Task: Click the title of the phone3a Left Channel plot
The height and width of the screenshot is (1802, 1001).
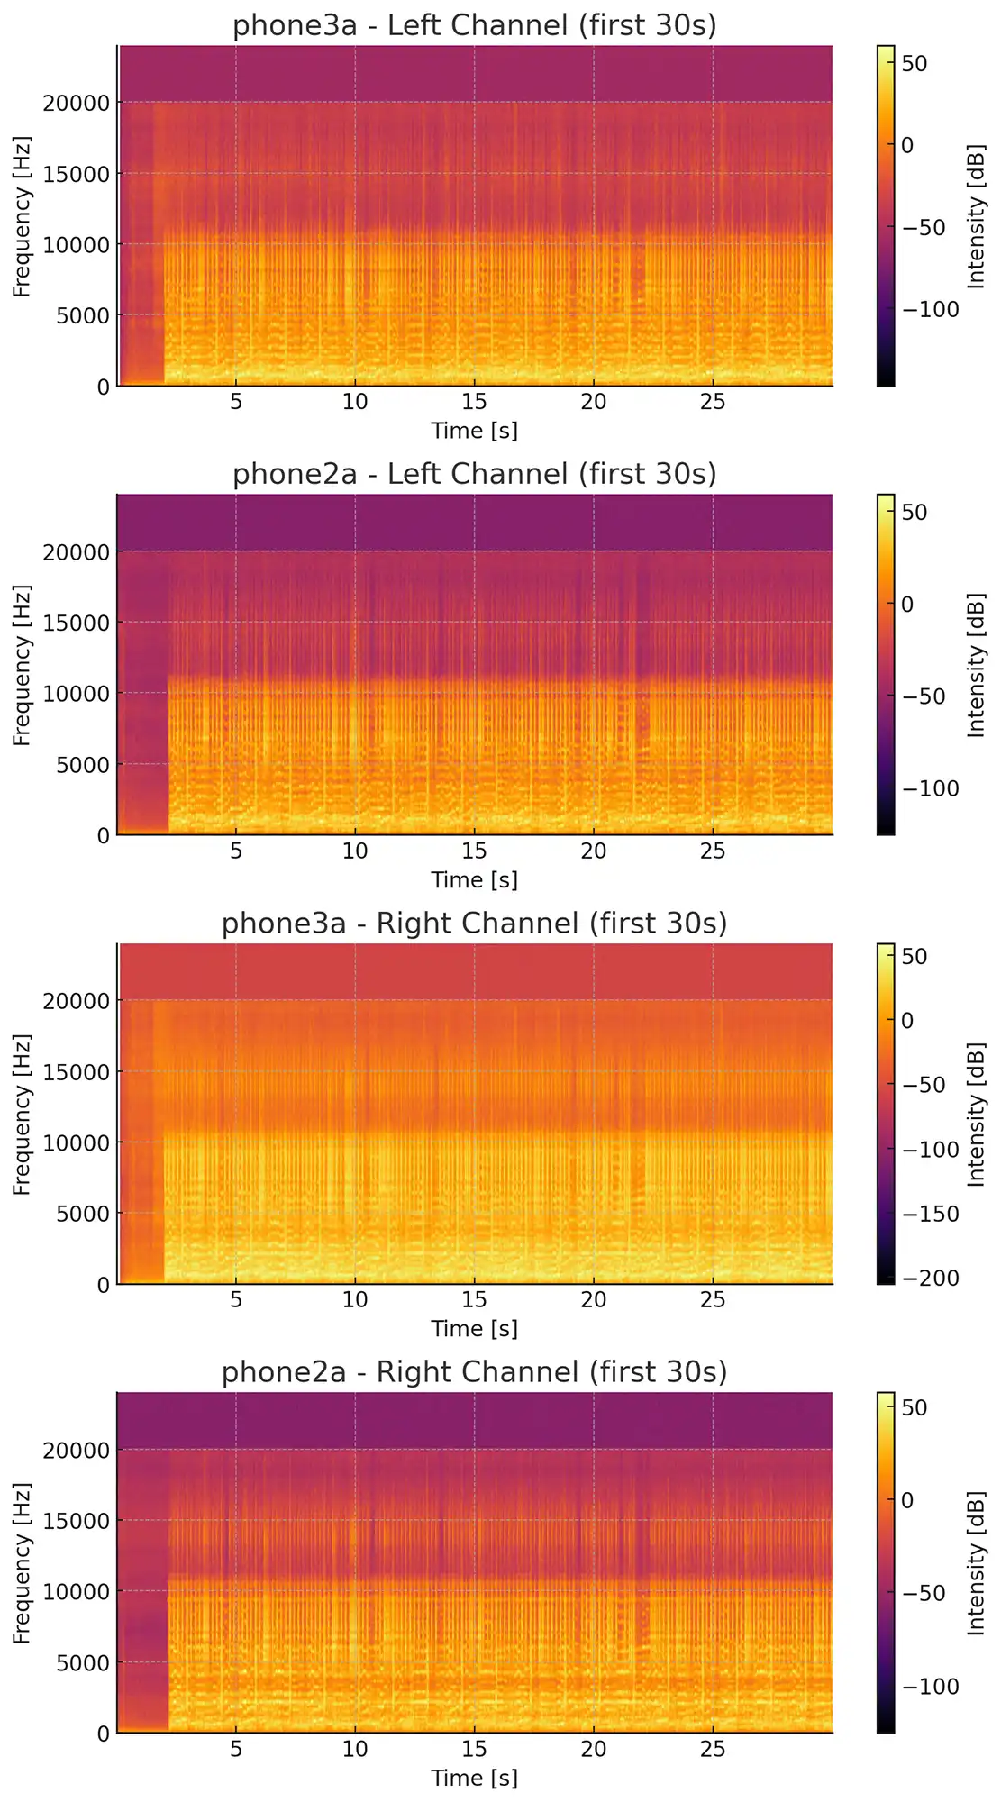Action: click(475, 25)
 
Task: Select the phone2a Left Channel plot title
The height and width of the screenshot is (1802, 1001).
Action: click(475, 474)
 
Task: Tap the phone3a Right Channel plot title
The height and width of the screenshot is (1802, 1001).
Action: click(475, 924)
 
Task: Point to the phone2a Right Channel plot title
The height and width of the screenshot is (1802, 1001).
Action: click(475, 1372)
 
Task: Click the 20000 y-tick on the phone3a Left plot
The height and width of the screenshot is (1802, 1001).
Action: click(76, 103)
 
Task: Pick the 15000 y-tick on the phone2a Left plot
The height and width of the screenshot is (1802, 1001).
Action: click(76, 623)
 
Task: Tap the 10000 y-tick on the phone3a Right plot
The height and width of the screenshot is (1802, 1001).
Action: click(76, 1142)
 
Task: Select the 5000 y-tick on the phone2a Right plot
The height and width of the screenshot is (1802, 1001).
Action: click(81, 1662)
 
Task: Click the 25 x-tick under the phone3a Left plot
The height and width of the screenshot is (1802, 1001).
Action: click(713, 402)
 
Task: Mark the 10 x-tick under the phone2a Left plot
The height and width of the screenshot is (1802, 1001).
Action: click(355, 851)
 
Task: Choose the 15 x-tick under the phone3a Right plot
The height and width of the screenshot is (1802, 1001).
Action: click(475, 1300)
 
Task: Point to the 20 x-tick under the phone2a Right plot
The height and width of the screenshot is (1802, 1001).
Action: click(594, 1750)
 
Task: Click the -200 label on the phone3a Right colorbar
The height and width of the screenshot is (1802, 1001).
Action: click(930, 1278)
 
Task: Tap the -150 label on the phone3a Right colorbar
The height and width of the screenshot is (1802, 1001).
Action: click(930, 1214)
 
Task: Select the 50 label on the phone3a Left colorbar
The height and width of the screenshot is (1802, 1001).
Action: click(915, 63)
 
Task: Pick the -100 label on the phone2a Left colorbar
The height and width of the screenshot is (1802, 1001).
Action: click(930, 788)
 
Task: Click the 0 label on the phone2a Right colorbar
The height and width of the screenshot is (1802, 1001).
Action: click(906, 1500)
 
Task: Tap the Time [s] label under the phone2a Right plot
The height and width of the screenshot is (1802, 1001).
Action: click(475, 1778)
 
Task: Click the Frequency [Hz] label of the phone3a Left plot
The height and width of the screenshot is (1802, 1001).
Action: click(22, 216)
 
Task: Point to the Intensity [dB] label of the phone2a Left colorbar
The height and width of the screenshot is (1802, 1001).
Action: click(977, 665)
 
